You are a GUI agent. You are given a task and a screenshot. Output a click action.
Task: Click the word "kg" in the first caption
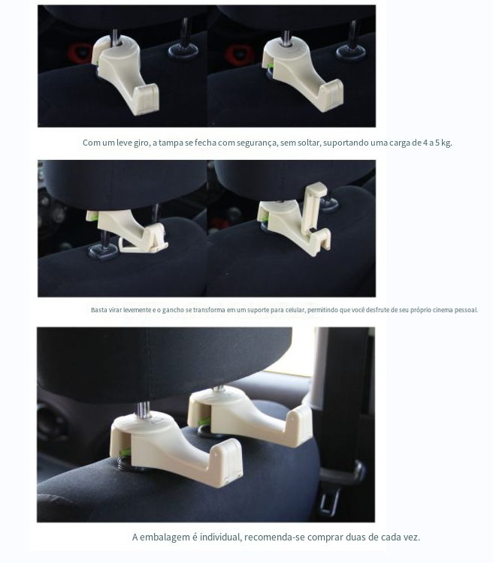(x=446, y=143)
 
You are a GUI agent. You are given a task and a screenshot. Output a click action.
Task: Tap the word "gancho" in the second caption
(x=173, y=310)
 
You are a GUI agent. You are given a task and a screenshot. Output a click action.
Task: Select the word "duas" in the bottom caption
(x=355, y=537)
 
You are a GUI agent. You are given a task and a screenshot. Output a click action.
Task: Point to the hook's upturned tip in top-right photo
(x=331, y=94)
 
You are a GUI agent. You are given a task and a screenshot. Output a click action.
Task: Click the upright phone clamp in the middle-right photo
(x=312, y=206)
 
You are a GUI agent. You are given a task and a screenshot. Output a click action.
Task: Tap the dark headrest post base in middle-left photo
(x=103, y=251)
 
